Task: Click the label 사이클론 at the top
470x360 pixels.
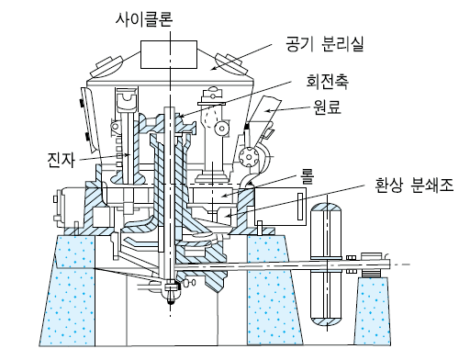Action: tap(144, 19)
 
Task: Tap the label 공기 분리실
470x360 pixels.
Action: tap(325, 44)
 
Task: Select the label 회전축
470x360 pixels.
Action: tap(328, 82)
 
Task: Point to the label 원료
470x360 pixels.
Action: tap(327, 107)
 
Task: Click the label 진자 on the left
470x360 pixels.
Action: tap(61, 160)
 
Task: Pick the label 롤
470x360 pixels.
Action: tap(307, 177)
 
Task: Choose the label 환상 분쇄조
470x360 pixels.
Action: tap(414, 185)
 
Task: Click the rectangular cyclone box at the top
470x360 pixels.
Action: tap(169, 54)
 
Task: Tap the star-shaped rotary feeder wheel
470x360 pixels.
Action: tap(248, 158)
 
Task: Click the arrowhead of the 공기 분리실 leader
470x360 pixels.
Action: tap(214, 68)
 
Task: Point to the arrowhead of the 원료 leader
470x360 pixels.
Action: tap(268, 111)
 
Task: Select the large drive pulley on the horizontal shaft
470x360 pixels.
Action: tap(326, 265)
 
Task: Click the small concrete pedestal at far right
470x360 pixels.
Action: tap(373, 310)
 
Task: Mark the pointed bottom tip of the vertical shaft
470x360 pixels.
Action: tap(171, 303)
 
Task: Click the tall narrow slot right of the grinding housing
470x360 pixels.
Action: tap(300, 207)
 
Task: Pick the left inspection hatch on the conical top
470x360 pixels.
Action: tap(106, 67)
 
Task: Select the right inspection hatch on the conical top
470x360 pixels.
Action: tap(230, 63)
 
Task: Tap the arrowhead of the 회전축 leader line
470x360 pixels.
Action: tap(181, 116)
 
